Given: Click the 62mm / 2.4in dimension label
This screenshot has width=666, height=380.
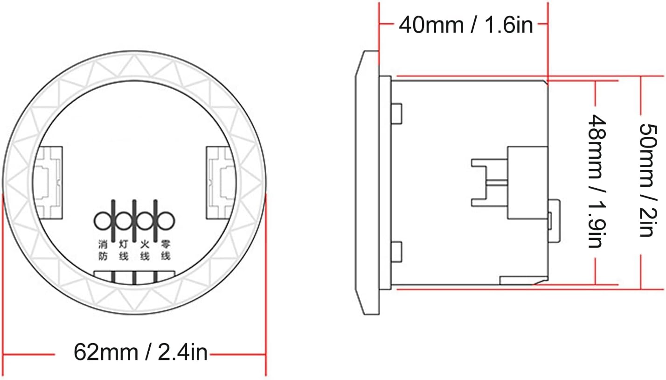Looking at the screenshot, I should (140, 352).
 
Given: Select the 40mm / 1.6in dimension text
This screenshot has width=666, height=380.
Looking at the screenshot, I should (465, 25).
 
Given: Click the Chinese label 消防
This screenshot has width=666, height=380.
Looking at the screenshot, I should (104, 250).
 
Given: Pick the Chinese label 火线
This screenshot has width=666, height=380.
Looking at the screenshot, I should (145, 250).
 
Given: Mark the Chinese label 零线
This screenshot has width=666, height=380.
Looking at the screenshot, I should (165, 250).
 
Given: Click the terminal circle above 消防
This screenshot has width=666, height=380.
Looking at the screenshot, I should (104, 219).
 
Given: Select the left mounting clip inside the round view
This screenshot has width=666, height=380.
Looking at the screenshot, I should (48, 183).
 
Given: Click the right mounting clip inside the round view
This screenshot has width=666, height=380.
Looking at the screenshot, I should (220, 183).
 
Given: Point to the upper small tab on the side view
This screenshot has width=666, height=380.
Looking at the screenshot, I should (396, 113).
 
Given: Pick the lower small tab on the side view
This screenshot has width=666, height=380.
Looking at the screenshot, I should (396, 251).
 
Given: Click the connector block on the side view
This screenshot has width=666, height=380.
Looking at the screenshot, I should (527, 182).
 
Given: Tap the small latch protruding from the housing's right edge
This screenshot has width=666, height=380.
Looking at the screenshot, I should (554, 220).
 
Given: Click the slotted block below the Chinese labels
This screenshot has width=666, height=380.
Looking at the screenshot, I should (134, 277).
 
